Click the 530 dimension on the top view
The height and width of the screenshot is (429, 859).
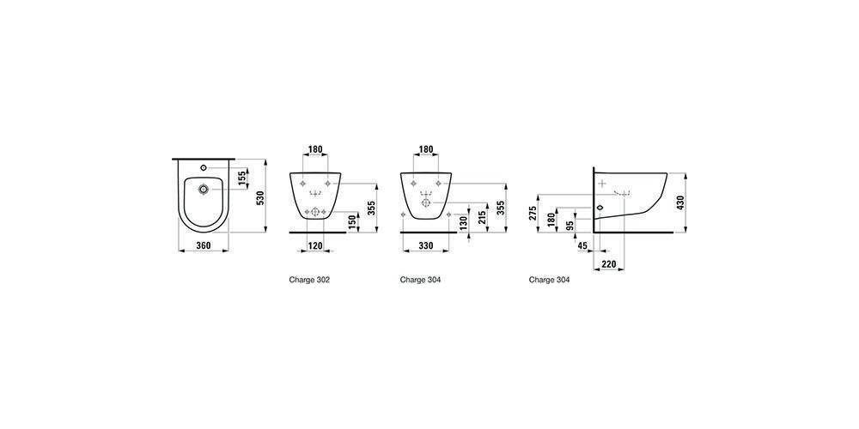tap(261, 196)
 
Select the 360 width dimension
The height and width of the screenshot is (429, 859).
tap(204, 245)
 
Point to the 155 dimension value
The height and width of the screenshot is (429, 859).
tap(241, 178)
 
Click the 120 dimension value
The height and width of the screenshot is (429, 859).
tap(314, 246)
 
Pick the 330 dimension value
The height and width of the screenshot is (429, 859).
tap(426, 246)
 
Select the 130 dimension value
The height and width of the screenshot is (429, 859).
tap(464, 222)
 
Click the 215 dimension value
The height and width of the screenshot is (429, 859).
tap(481, 217)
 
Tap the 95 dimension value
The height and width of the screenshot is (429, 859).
tap(570, 226)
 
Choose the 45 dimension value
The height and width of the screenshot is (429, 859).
tap(582, 247)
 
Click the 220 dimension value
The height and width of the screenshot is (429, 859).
tap(609, 264)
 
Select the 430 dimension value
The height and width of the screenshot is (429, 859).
tap(681, 203)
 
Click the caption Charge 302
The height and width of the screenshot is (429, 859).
tap(309, 280)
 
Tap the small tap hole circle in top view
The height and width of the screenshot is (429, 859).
tap(204, 167)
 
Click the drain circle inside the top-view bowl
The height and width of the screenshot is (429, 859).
tap(204, 190)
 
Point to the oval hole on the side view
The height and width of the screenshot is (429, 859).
tap(600, 208)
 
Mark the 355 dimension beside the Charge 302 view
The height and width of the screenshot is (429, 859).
tap(371, 208)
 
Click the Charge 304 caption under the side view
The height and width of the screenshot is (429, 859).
tap(550, 280)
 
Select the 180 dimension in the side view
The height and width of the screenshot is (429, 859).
tap(551, 220)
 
